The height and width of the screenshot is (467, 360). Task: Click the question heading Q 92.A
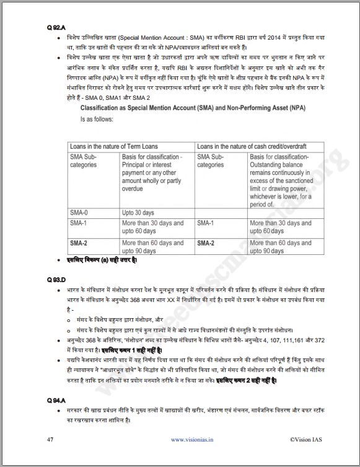[x=55, y=28]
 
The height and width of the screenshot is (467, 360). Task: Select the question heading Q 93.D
[x=55, y=279]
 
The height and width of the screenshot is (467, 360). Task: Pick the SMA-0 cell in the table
[x=79, y=211]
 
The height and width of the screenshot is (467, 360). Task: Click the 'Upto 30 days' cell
[x=138, y=211]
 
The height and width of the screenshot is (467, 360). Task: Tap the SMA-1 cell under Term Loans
[x=79, y=223]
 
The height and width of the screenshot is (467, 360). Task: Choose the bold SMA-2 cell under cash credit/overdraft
[x=206, y=243]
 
